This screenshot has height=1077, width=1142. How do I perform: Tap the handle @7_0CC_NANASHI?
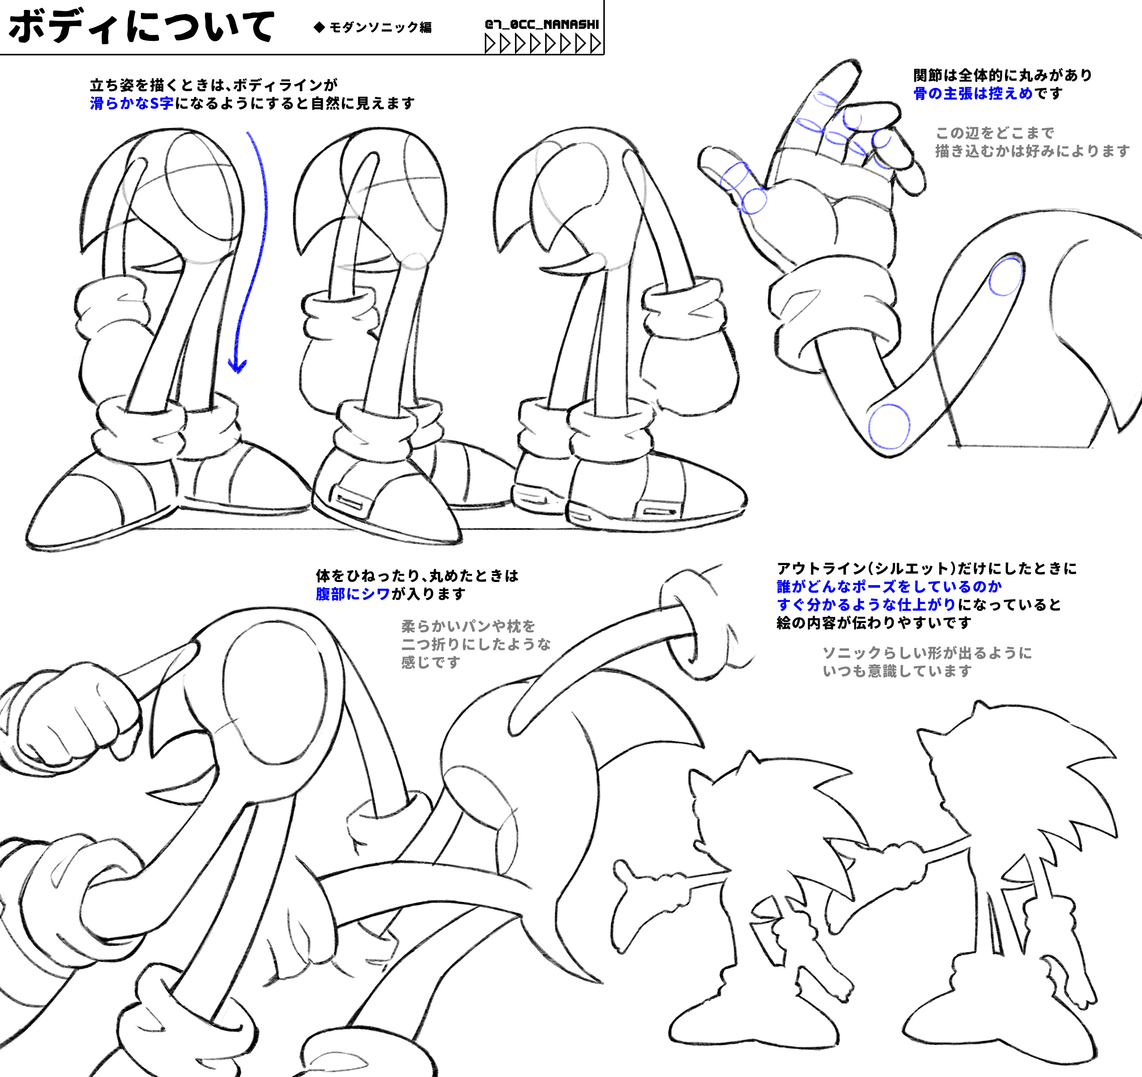click(x=542, y=24)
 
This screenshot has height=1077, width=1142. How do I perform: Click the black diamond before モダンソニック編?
click(x=319, y=27)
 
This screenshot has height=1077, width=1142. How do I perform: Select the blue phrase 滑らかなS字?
click(x=131, y=103)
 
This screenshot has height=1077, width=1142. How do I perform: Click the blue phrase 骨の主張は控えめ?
click(x=973, y=93)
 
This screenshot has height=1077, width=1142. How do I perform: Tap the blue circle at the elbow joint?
click(x=889, y=426)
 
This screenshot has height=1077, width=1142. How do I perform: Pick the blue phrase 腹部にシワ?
click(x=353, y=594)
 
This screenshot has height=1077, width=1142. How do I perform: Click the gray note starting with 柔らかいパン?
click(x=476, y=644)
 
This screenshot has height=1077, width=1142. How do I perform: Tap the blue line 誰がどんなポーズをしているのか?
click(x=889, y=586)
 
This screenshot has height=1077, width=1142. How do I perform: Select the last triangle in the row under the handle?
click(x=596, y=44)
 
